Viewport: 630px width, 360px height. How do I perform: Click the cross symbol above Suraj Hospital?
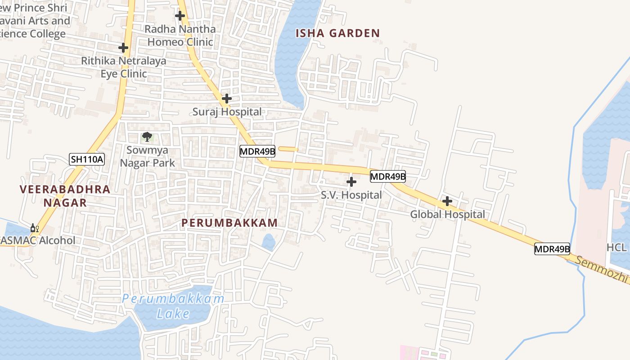pyautogui.click(x=227, y=98)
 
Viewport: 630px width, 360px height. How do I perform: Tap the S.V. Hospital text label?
pyautogui.click(x=351, y=195)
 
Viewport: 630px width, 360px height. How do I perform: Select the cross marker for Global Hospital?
pyautogui.click(x=447, y=201)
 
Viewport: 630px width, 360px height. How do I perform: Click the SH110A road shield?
pyautogui.click(x=87, y=159)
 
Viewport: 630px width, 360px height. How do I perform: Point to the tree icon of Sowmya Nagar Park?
pyautogui.click(x=147, y=136)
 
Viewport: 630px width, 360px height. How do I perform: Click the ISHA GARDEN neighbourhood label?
pyautogui.click(x=337, y=33)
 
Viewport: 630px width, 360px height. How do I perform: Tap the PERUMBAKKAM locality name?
pyautogui.click(x=229, y=223)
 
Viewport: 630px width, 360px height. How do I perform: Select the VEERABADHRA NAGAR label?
pyautogui.click(x=65, y=196)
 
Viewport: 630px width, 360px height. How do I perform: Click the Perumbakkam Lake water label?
pyautogui.click(x=173, y=306)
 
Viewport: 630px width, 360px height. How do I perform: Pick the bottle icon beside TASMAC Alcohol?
pyautogui.click(x=34, y=228)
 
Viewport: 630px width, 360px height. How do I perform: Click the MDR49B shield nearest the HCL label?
pyautogui.click(x=552, y=248)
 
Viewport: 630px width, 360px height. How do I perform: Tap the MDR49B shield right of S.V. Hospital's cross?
pyautogui.click(x=388, y=176)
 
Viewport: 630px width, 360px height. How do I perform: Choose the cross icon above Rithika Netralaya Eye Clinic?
pyautogui.click(x=123, y=47)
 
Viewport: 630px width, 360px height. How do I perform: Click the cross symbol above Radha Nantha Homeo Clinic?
pyautogui.click(x=180, y=16)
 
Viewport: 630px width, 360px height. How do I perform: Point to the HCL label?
pyautogui.click(x=616, y=247)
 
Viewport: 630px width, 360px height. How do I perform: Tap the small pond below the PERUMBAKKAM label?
pyautogui.click(x=269, y=242)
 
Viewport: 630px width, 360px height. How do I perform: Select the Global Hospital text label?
pyautogui.click(x=447, y=215)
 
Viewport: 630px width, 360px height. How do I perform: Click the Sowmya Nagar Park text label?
pyautogui.click(x=148, y=156)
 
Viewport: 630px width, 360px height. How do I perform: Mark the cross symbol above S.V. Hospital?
pyautogui.click(x=351, y=182)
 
